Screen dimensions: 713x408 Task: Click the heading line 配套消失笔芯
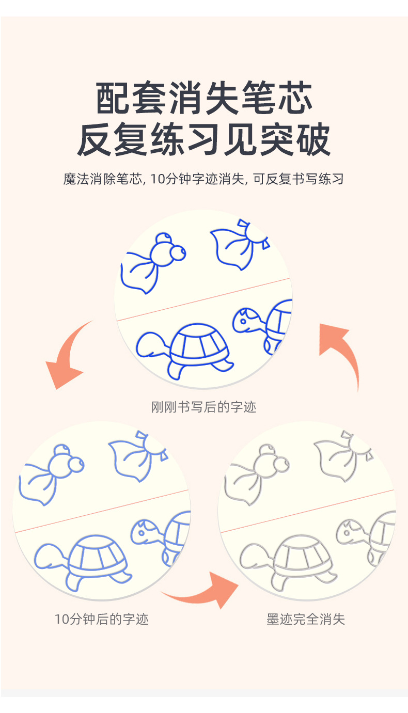(x=204, y=99)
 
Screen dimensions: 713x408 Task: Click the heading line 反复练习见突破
(x=204, y=140)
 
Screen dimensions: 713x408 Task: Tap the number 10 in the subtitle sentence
(x=158, y=180)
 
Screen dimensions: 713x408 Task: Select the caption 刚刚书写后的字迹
(x=203, y=407)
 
